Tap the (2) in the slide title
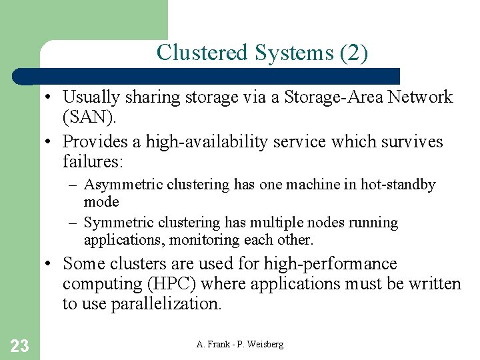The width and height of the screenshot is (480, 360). (353, 53)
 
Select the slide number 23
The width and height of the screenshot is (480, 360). (20, 345)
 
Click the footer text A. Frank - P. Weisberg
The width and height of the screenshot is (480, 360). (240, 344)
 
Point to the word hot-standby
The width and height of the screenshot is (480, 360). (398, 185)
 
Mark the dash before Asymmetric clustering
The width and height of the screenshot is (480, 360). (75, 185)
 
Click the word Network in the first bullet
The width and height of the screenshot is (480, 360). (420, 97)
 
